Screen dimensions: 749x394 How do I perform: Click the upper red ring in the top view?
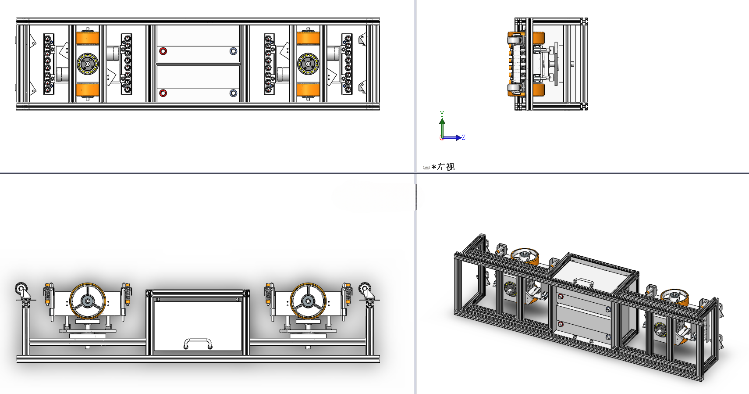[x=163, y=51]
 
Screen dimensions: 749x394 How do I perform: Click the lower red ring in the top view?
[x=163, y=93]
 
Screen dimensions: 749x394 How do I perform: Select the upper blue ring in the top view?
[x=234, y=51]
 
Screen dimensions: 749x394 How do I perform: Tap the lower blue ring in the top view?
[x=234, y=93]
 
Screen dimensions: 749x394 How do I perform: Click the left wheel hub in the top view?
[x=88, y=64]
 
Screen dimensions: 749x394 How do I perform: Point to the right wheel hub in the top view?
[x=308, y=64]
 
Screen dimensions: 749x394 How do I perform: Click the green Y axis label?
[x=442, y=114]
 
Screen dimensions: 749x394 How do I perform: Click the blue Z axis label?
[x=463, y=137]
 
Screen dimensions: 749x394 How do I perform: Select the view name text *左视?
[x=443, y=167]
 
